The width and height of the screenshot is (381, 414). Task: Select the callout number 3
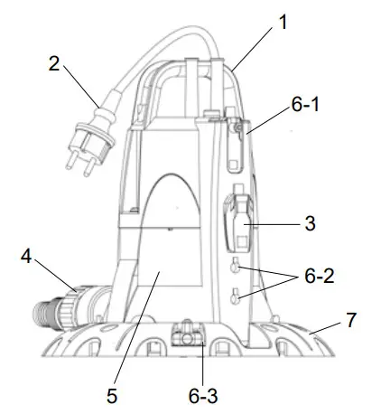(309, 222)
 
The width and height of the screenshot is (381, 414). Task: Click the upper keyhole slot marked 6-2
(235, 267)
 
